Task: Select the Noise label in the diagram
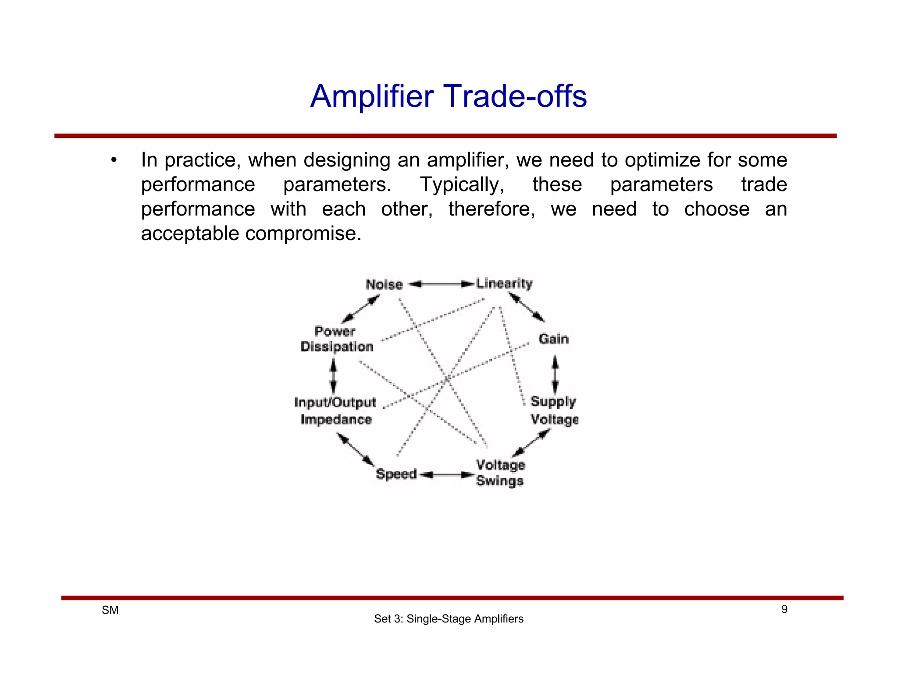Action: point(384,284)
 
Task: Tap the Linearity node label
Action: point(504,283)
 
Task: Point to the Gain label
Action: point(553,339)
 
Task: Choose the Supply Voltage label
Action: point(554,410)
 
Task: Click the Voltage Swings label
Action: point(500,473)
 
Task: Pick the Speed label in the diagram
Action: point(396,474)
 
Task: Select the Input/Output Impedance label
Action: point(335,410)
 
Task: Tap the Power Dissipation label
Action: point(337,339)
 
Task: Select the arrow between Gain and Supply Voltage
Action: point(555,375)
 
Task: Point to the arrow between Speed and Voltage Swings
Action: point(447,475)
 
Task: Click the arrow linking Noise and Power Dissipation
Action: point(360,309)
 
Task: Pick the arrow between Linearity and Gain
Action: point(527,307)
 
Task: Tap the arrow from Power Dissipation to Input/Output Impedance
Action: point(333,376)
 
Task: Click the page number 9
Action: point(784,609)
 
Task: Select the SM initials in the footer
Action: point(110,610)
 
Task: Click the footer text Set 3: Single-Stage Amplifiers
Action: point(449,619)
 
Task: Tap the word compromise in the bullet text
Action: point(303,233)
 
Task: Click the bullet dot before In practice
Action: point(114,160)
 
